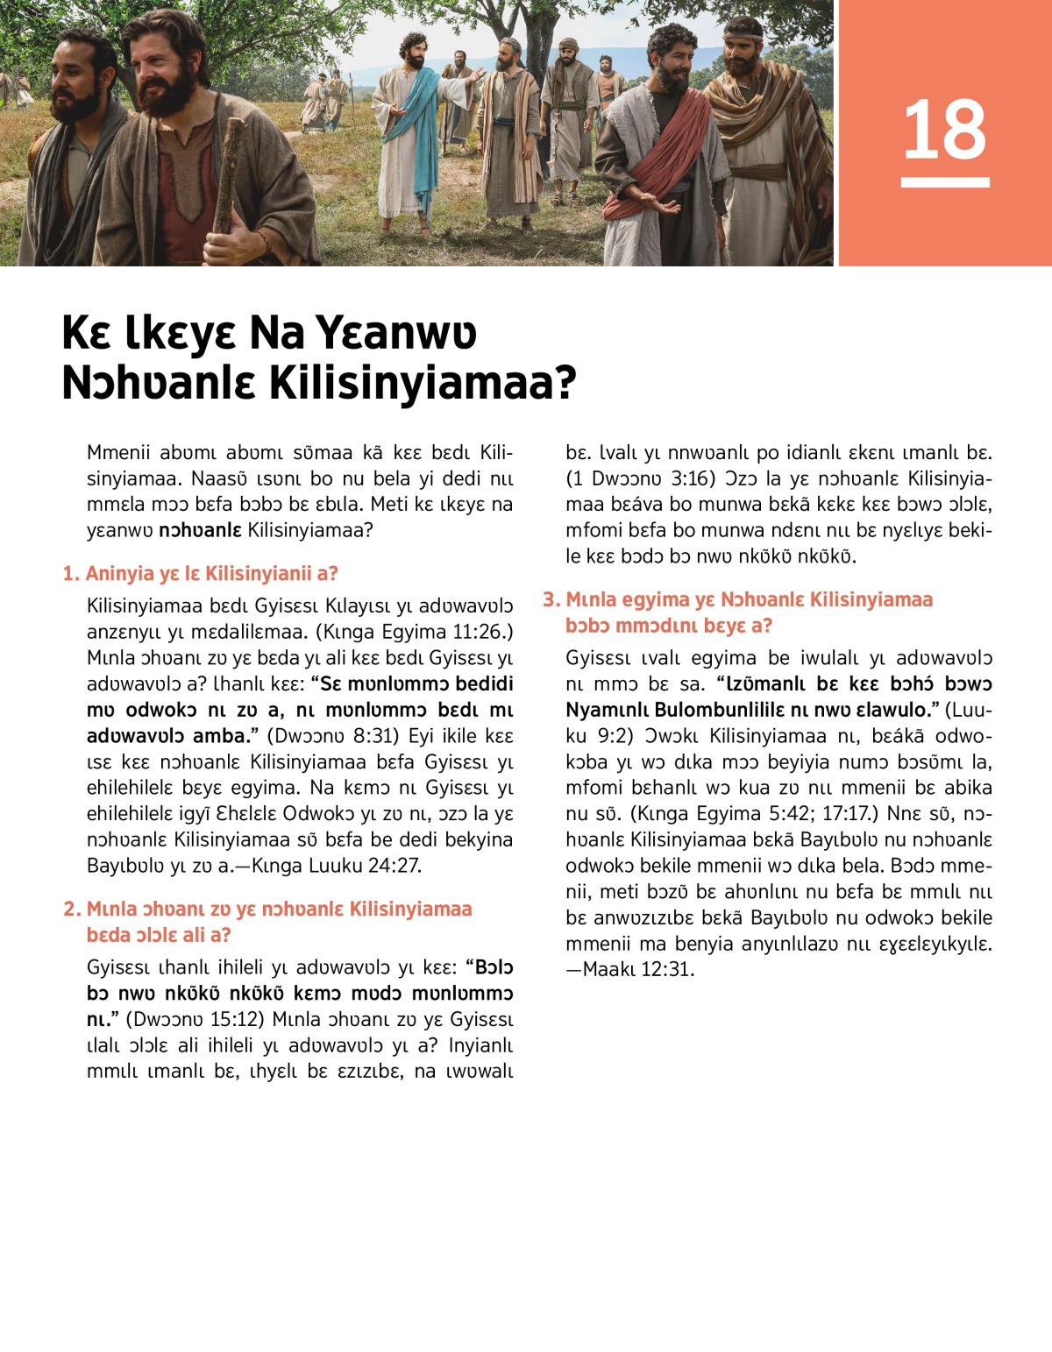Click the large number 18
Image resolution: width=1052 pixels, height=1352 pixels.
point(944,130)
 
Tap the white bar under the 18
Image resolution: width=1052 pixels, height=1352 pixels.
point(945,182)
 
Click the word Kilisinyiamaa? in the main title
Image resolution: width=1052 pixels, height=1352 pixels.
point(423,382)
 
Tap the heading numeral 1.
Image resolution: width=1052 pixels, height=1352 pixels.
point(70,574)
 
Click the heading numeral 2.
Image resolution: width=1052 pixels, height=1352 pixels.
point(71,910)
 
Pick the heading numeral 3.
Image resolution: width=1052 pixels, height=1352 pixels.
point(550,600)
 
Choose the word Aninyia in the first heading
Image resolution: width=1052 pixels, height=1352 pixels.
point(120,574)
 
